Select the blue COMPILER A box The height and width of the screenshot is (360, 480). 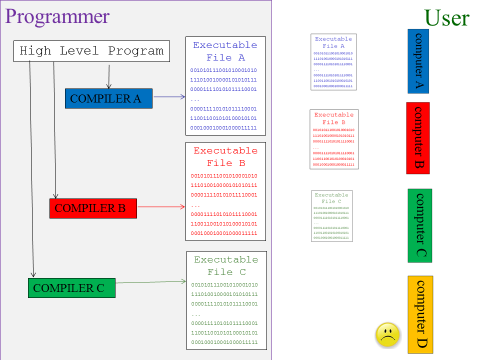point(109,98)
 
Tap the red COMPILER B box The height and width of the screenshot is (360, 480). point(90,208)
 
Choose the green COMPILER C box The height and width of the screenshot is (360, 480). point(68,288)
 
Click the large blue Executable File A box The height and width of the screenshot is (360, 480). point(225,86)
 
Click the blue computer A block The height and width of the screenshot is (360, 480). point(419,62)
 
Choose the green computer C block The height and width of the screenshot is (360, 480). point(419,226)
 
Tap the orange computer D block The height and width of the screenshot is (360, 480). point(420,312)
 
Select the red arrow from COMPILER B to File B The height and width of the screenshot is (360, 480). point(158,208)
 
